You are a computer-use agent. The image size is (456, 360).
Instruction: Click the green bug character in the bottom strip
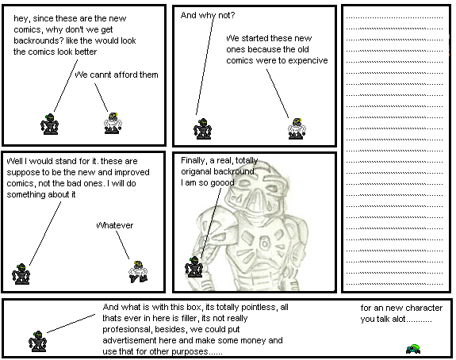click(x=413, y=349)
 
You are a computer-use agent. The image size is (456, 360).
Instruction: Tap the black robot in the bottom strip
click(x=37, y=342)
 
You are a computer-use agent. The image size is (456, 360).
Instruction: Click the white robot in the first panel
click(x=113, y=123)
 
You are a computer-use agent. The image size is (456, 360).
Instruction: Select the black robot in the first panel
click(x=49, y=124)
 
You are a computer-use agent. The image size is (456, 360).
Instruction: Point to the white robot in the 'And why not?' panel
click(x=297, y=128)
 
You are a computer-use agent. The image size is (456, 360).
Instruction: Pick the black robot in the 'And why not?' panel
click(x=202, y=128)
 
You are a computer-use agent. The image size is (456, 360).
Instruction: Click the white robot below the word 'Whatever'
click(x=138, y=272)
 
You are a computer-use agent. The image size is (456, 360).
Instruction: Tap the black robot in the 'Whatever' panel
click(x=21, y=274)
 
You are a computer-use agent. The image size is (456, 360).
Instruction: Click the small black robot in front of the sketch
click(x=194, y=266)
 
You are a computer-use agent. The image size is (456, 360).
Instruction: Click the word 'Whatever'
click(x=114, y=225)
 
